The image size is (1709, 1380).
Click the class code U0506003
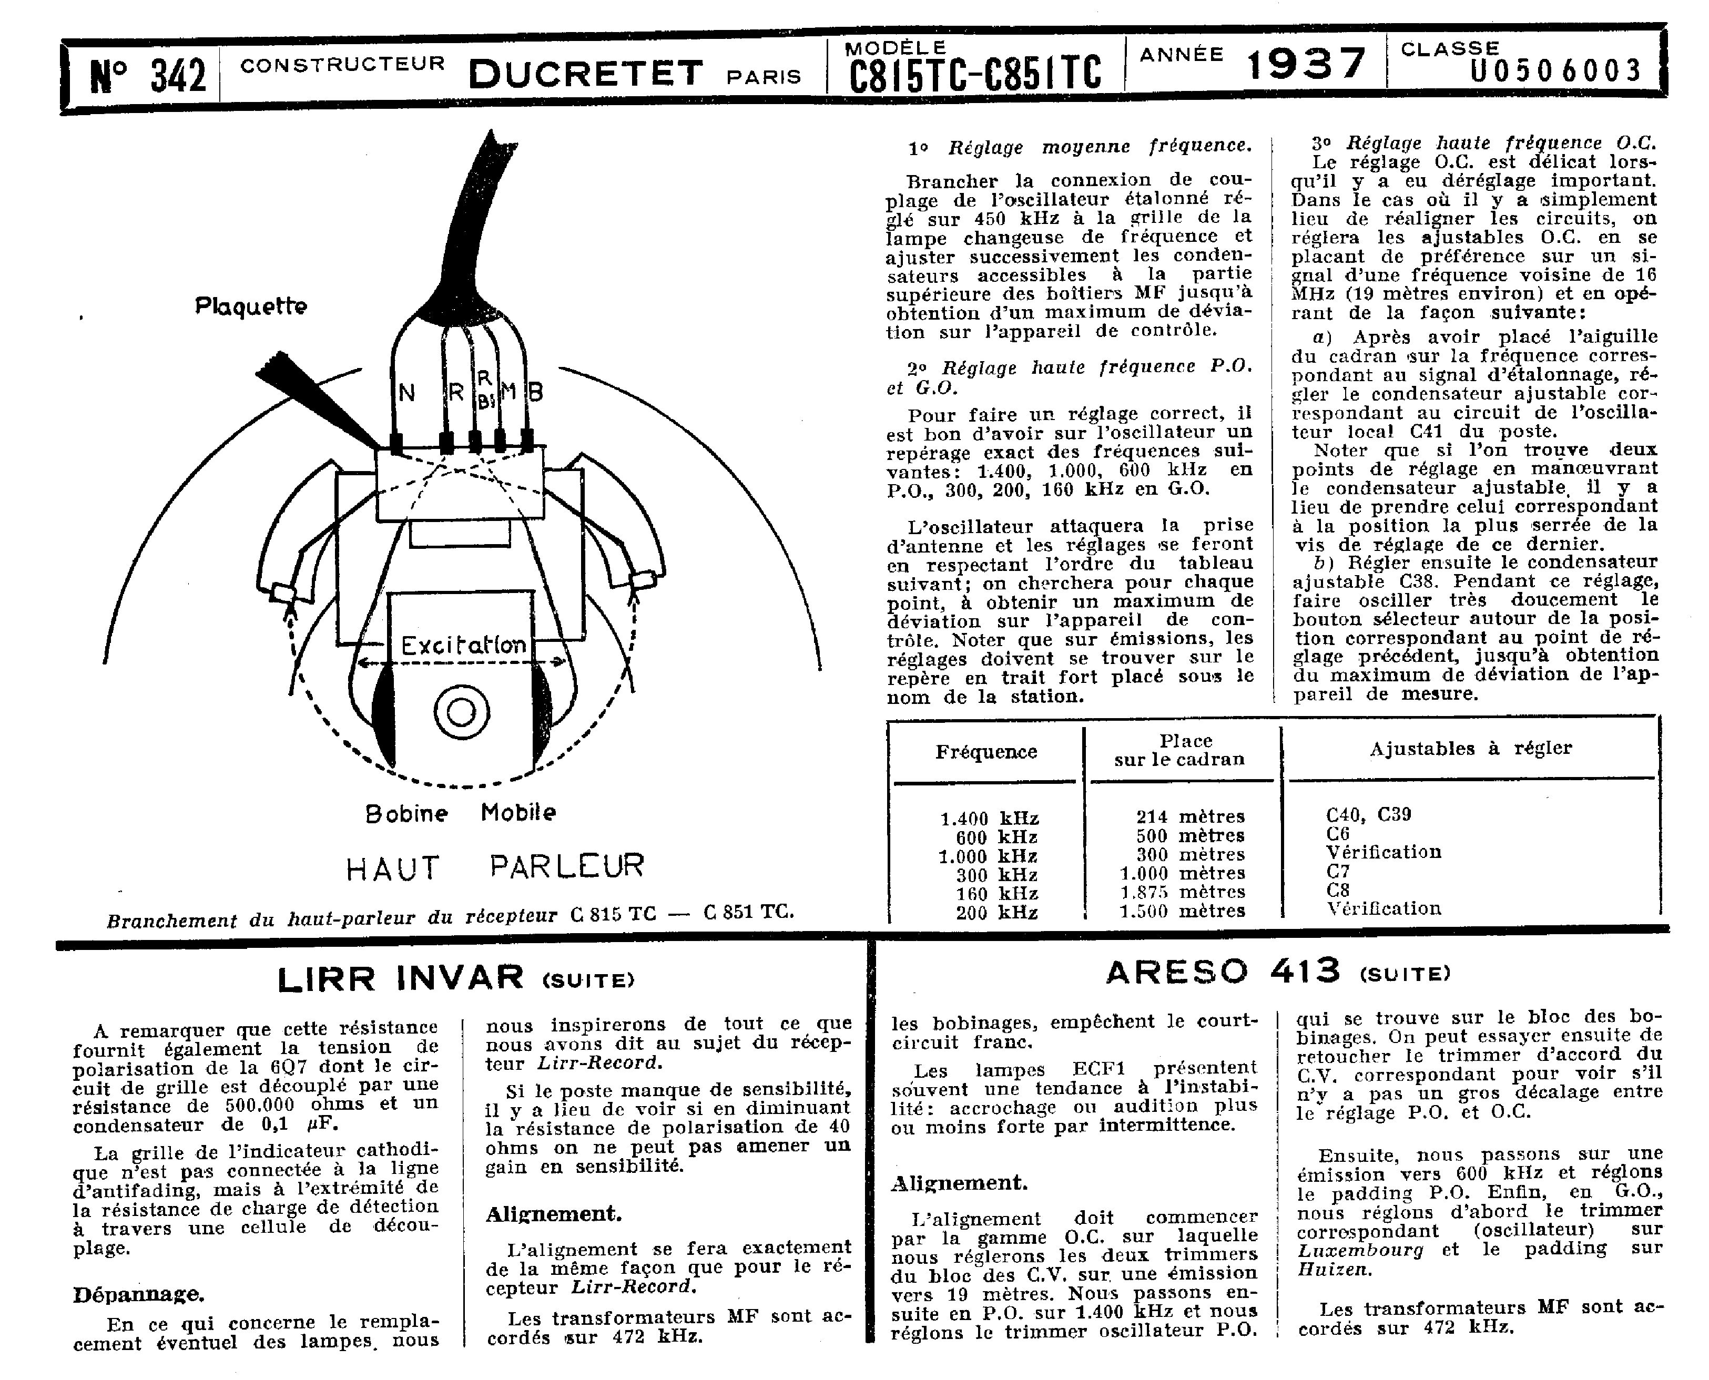click(1555, 71)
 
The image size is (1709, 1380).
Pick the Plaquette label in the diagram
click(250, 306)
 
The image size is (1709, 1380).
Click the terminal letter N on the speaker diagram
click(406, 393)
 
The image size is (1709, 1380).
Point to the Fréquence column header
click(986, 752)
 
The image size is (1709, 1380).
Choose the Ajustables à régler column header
click(1470, 748)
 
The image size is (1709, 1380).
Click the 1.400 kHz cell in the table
click(989, 818)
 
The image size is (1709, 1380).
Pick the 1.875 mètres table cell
click(1183, 892)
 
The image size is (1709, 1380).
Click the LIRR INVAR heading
click(400, 978)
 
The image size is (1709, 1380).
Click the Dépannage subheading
click(138, 1295)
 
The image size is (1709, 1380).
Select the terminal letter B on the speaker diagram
click(535, 391)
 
